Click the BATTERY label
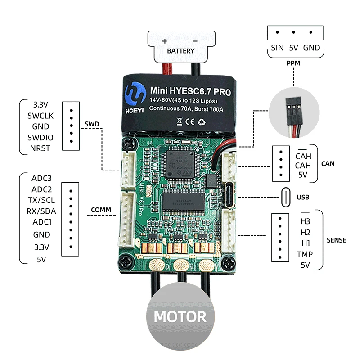click(x=181, y=51)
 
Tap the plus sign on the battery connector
click(x=164, y=41)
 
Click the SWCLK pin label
click(x=40, y=116)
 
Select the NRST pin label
click(x=40, y=148)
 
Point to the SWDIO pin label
click(x=40, y=138)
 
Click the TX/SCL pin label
click(x=41, y=200)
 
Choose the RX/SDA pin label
click(x=41, y=211)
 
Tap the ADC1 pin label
click(x=42, y=222)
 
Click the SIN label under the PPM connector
click(x=277, y=48)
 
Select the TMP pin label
click(x=305, y=254)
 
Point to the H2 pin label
click(x=306, y=233)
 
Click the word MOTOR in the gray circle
click(x=180, y=317)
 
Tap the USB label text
click(x=303, y=197)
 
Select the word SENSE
click(x=336, y=240)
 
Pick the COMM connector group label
click(x=101, y=210)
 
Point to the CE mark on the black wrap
click(x=190, y=121)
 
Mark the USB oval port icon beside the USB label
click(x=286, y=197)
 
